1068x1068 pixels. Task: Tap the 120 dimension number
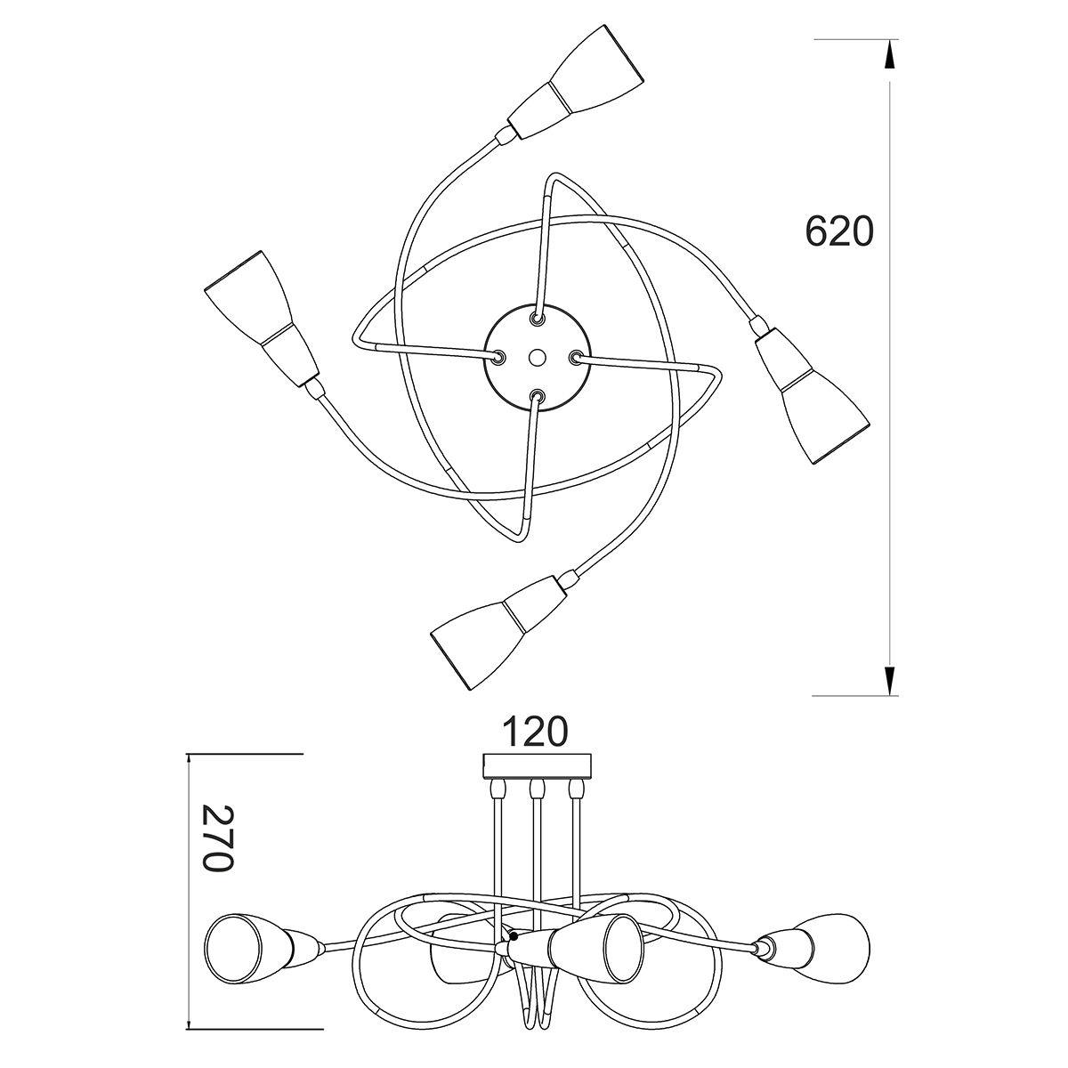tap(535, 732)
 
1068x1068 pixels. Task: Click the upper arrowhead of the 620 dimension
tap(889, 54)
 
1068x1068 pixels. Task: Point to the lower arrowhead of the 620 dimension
tap(889, 681)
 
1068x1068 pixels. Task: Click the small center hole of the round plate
tap(536, 358)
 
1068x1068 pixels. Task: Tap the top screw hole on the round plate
tap(537, 318)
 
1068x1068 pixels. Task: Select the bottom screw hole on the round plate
tap(537, 396)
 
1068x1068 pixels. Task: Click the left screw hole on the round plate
tap(498, 358)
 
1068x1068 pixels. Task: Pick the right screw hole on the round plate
tap(575, 358)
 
